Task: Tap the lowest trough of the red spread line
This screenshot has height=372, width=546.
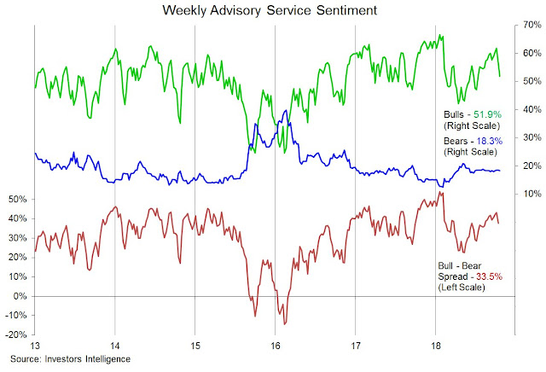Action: coord(285,324)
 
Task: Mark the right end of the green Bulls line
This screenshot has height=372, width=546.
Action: coord(500,77)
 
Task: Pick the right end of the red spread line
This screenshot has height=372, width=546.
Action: coord(500,224)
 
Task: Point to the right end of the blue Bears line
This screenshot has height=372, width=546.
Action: coord(500,171)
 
